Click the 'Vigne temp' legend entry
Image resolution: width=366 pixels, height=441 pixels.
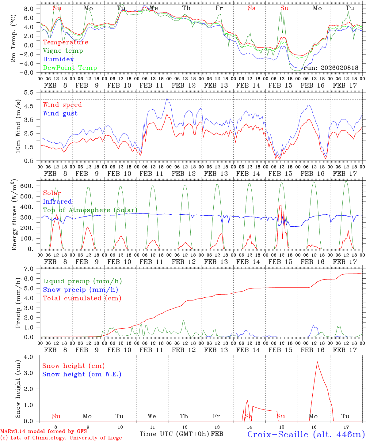(63, 51)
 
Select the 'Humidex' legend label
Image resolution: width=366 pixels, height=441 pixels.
(58, 59)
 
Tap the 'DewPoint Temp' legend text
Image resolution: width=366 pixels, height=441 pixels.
(70, 68)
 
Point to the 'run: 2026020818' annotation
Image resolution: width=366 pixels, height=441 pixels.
(331, 68)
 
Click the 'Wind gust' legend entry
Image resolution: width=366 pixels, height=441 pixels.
(60, 114)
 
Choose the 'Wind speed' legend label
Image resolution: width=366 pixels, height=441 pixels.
(63, 105)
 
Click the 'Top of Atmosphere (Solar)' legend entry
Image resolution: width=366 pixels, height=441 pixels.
(90, 210)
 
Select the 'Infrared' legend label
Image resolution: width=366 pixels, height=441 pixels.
(57, 202)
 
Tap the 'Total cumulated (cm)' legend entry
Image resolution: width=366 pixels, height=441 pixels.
(82, 298)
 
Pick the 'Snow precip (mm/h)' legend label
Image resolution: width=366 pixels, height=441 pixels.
(80, 290)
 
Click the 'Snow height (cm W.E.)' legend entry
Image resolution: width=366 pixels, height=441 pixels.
(82, 374)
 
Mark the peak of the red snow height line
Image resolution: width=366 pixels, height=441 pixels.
(317, 362)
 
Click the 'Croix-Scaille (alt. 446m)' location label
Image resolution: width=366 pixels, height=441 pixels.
(306, 434)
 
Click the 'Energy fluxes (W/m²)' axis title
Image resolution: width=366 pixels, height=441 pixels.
(14, 216)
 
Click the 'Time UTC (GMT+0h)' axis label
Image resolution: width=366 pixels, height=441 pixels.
(174, 434)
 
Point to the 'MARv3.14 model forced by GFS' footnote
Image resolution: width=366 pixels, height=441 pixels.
(44, 432)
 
